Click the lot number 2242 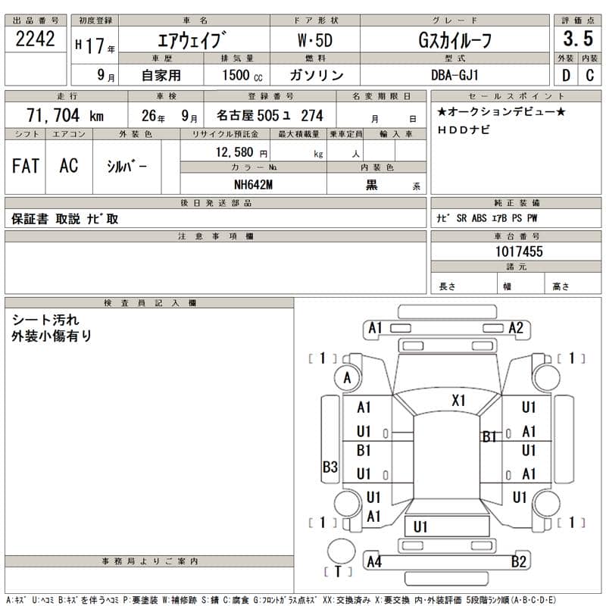[36, 40]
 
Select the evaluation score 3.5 [577, 40]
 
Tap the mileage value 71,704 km [65, 116]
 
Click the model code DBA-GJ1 [454, 75]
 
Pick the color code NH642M [253, 185]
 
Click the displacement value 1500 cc [242, 75]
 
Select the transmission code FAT [26, 166]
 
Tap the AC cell [68, 166]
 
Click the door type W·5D [314, 40]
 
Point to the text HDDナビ [464, 130]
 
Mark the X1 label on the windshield [458, 401]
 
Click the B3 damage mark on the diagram [330, 467]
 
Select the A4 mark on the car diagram [373, 561]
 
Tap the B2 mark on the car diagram [519, 561]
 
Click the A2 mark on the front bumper [516, 328]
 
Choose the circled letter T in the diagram [338, 571]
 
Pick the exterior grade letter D [565, 75]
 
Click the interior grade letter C [589, 75]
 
